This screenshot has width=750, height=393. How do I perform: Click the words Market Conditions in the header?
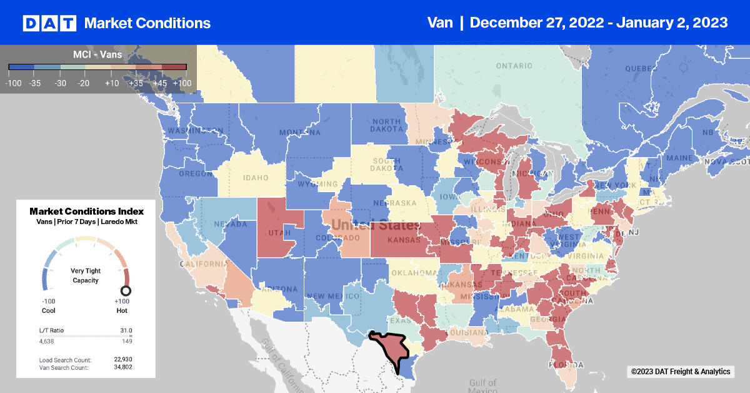[x=147, y=23]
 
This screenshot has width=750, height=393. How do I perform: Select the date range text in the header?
[x=598, y=23]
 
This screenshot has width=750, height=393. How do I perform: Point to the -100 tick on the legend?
[x=14, y=82]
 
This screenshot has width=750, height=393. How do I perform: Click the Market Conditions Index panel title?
[x=86, y=211]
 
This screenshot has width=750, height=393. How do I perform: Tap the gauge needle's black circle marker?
[x=126, y=290]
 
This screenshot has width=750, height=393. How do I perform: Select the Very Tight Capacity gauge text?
[x=86, y=275]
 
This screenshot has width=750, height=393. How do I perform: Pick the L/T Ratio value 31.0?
[x=126, y=330]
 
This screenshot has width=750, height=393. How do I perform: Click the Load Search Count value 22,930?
[x=122, y=360]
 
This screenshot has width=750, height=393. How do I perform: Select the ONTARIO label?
[x=513, y=66]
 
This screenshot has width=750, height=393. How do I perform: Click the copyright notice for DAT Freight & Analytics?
[x=680, y=372]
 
